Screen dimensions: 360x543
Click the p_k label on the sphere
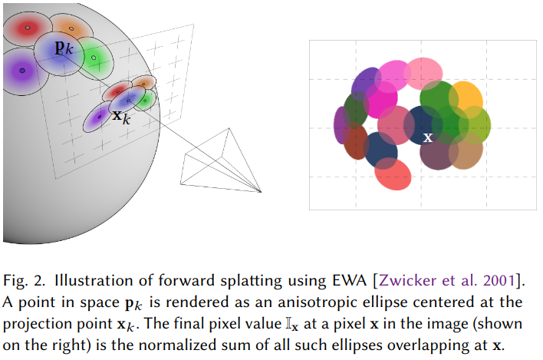tap(64, 48)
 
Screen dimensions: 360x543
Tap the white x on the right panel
tap(428, 137)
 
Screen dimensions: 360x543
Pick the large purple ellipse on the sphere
tap(21, 70)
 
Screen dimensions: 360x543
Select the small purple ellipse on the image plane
tap(97, 117)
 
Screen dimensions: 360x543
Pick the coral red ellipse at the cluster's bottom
tap(393, 174)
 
